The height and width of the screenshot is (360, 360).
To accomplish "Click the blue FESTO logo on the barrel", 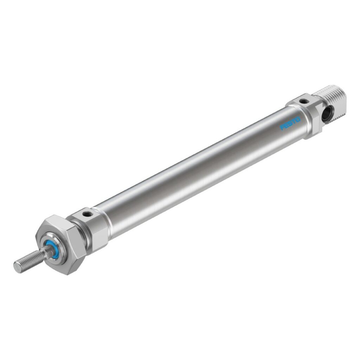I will (290, 123).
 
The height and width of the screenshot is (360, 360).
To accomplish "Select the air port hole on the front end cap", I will (87, 213).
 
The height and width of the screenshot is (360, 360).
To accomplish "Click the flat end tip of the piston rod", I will (17, 266).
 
